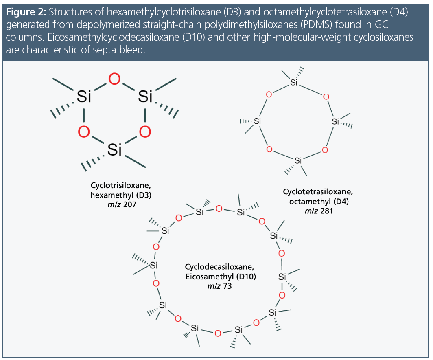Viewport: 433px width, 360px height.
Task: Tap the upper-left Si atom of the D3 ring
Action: coord(84,97)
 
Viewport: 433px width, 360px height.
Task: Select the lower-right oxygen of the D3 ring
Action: coord(144,132)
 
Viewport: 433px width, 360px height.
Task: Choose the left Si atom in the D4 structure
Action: coord(257,121)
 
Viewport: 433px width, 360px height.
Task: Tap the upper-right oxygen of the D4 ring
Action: coord(325,97)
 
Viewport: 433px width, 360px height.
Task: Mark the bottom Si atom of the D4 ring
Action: coord(298,160)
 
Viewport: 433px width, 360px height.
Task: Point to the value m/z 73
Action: coord(220,286)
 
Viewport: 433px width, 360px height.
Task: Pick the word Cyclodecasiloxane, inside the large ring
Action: coord(220,267)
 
